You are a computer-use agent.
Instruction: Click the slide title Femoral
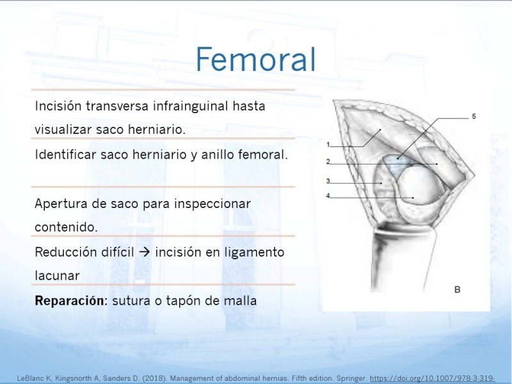[x=255, y=59]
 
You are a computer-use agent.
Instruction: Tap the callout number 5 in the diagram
[x=474, y=116]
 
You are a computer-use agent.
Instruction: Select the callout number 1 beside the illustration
[x=328, y=145]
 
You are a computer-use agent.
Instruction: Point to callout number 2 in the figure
[x=328, y=161]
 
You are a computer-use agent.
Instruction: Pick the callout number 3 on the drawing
[x=328, y=181]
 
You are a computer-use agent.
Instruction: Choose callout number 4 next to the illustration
[x=328, y=196]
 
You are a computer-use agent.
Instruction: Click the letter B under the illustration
[x=457, y=289]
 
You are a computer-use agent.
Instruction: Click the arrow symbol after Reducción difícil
[x=145, y=252]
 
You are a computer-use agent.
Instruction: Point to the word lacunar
[x=57, y=276]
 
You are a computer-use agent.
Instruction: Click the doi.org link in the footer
[x=433, y=378]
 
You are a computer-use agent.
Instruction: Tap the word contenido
[x=67, y=227]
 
